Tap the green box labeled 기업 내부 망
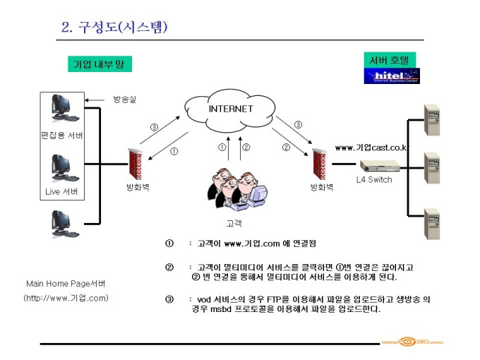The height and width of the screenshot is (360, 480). (100, 64)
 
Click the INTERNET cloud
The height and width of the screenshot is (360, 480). (229, 109)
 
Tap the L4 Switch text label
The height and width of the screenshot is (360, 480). (373, 180)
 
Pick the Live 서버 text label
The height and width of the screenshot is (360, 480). (61, 191)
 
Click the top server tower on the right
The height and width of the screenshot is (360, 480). (431, 120)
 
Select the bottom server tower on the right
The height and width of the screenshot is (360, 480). (431, 222)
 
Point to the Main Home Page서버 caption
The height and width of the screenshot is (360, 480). (66, 283)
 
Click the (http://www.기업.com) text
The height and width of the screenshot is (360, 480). (66, 298)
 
